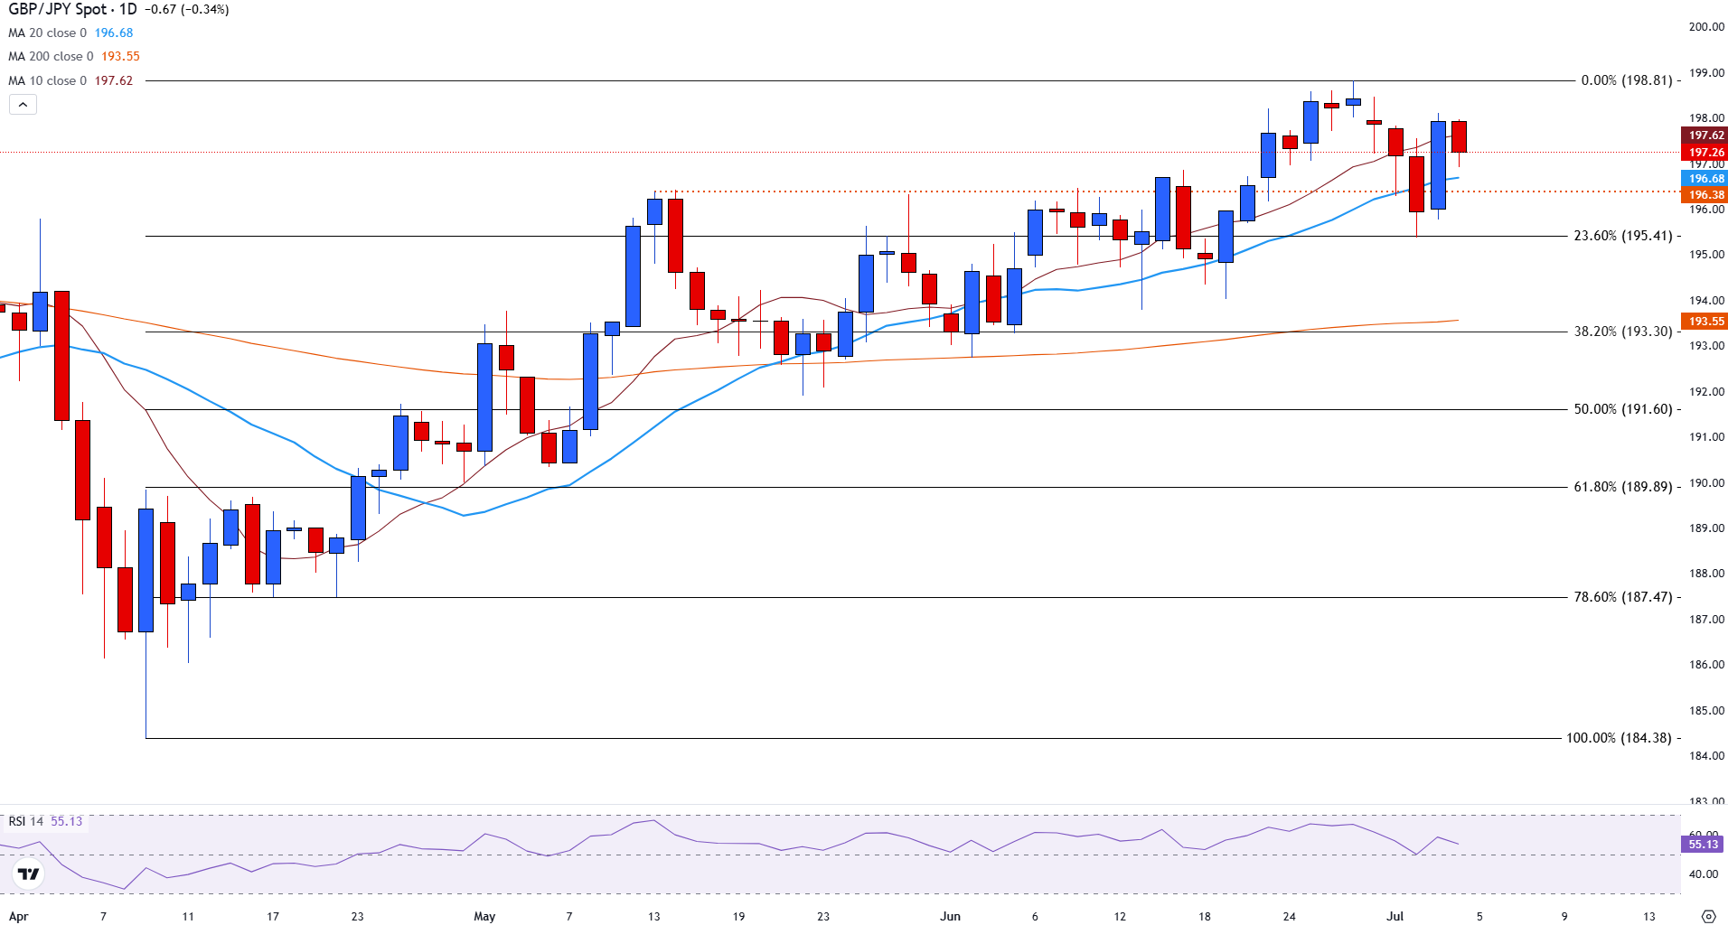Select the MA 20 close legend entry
(47, 33)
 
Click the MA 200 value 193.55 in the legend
(120, 56)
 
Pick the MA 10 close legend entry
(47, 80)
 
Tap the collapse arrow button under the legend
(23, 105)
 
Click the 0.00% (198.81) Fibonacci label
(1626, 80)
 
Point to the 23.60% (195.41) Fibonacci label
(1622, 236)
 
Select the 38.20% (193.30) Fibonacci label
(1622, 332)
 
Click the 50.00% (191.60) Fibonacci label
(1622, 409)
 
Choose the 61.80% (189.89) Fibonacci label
(1622, 487)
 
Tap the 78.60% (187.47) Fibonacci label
(1622, 597)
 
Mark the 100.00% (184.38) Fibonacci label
(1619, 738)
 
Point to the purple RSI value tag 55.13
(1704, 845)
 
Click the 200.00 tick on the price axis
(1706, 27)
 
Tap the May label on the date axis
(484, 916)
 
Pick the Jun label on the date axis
(950, 916)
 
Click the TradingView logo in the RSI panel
(29, 874)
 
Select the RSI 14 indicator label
(26, 821)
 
